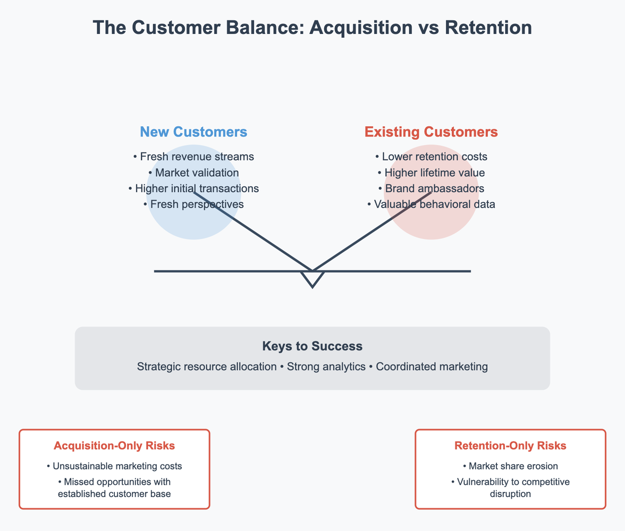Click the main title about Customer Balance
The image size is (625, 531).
coord(312,28)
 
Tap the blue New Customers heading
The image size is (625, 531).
coord(193,132)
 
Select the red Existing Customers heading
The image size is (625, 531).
coord(431,132)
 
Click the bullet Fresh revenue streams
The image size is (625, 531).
coord(193,157)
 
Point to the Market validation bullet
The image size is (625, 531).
coord(193,173)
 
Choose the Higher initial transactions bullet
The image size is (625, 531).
coord(193,189)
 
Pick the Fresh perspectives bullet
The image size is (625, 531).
coord(193,204)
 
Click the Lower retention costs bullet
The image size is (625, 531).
coord(431,157)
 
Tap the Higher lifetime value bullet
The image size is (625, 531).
coord(431,173)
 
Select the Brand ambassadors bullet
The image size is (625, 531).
coord(431,189)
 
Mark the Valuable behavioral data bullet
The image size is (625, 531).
coord(431,204)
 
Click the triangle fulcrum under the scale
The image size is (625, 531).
coord(312,278)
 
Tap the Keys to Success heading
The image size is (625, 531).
coord(312,347)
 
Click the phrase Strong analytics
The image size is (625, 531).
coord(326,366)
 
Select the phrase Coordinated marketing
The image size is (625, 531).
coord(432,366)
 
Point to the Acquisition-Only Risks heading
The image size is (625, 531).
coord(114,446)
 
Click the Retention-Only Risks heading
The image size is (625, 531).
coord(510,446)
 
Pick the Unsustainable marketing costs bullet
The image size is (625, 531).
coord(114,466)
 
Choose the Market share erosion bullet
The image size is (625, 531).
coord(510,466)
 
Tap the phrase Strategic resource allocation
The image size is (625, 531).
coord(207,366)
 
